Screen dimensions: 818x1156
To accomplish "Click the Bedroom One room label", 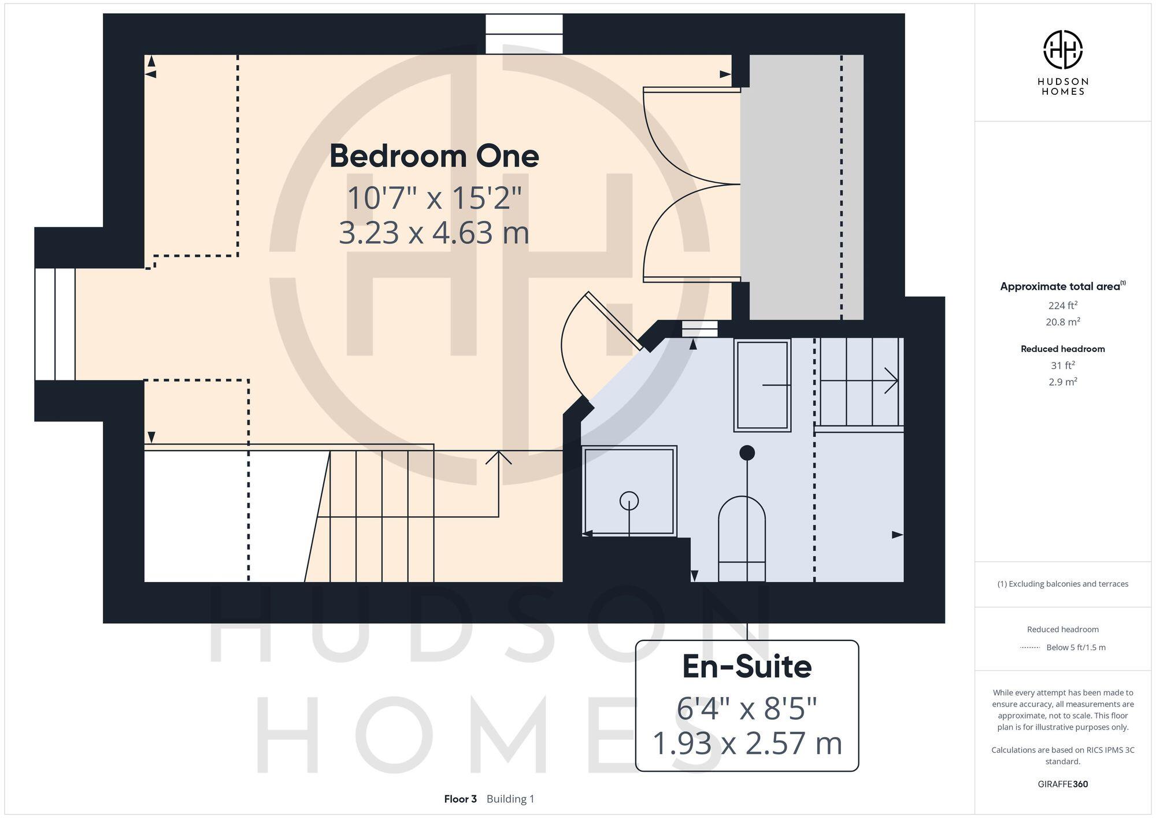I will (434, 156).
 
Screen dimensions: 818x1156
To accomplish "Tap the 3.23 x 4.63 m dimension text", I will (434, 232).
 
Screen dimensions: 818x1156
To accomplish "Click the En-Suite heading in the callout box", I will (747, 667).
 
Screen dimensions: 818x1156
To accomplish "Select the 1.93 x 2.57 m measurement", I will (747, 743).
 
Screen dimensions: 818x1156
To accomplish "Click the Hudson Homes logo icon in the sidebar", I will (1062, 50).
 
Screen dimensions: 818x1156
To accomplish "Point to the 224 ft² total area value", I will (1062, 305).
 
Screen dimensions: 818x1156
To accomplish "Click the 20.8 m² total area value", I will (1062, 322).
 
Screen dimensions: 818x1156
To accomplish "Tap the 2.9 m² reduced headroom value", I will (1062, 382).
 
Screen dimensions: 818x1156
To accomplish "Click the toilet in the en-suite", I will (742, 538).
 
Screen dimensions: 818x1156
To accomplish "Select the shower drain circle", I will (629, 501).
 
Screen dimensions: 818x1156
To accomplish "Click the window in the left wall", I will (55, 324).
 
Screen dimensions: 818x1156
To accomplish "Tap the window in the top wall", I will (524, 34).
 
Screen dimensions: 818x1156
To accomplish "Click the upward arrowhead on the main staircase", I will (498, 457).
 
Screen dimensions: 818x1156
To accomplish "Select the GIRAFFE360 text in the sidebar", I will (1062, 784).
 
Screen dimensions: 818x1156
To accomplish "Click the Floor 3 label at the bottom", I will (460, 799).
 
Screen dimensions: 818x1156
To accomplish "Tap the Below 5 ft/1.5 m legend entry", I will (1075, 647).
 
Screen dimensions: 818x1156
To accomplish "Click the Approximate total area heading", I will (1060, 287).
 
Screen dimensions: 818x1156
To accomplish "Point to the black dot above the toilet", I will (747, 453).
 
